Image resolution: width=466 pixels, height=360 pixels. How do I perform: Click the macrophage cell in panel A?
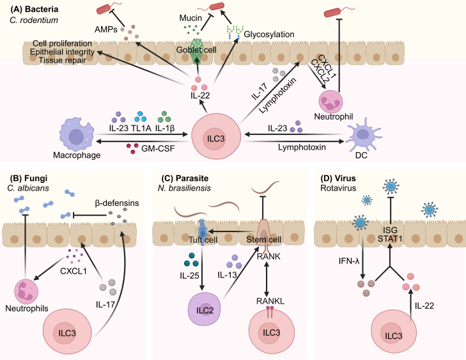click(77, 135)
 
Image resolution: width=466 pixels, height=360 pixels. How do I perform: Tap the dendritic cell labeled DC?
click(362, 135)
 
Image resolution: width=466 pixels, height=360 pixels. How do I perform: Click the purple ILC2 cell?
click(205, 309)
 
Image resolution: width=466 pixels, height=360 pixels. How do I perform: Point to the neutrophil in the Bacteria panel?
click(330, 102)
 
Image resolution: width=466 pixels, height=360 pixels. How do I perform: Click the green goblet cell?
click(196, 51)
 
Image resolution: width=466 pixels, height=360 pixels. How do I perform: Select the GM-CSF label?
click(158, 148)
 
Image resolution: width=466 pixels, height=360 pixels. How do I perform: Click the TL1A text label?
click(141, 128)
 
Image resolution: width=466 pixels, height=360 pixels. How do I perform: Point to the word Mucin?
click(190, 18)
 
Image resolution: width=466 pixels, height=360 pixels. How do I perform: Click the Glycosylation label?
click(269, 35)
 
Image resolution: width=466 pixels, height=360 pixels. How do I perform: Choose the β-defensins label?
click(117, 203)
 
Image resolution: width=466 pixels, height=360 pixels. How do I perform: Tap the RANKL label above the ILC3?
click(270, 301)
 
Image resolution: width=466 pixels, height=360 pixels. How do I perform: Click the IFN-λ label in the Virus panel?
click(349, 261)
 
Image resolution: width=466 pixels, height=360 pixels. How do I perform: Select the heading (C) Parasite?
click(185, 178)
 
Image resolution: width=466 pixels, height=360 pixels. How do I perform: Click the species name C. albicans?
click(28, 188)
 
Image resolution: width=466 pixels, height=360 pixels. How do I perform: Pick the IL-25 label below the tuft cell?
click(189, 276)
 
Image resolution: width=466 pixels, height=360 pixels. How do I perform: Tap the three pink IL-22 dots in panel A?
click(199, 84)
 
